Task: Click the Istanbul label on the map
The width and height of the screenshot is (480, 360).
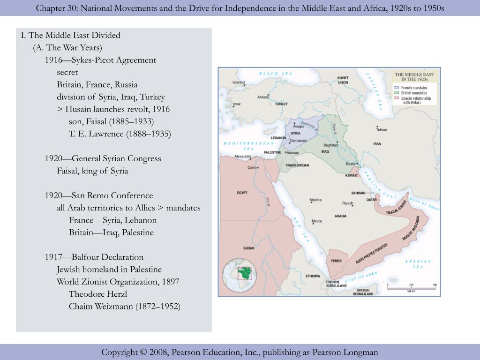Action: point(239,82)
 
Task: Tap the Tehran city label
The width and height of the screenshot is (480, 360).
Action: point(381,129)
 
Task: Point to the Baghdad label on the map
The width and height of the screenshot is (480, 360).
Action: point(330,145)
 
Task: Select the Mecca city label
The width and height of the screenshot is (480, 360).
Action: point(317,221)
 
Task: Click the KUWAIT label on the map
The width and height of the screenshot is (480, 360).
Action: point(352,175)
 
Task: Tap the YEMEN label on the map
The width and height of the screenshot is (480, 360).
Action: point(336,261)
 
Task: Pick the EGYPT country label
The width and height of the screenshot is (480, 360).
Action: point(242,193)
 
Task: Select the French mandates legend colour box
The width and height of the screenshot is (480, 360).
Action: point(397,88)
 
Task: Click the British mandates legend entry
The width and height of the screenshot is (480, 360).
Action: point(414,93)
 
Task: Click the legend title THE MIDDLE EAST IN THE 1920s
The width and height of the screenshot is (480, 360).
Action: point(414,77)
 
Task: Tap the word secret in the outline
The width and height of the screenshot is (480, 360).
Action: point(67,72)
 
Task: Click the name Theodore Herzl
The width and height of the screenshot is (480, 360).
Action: point(98,294)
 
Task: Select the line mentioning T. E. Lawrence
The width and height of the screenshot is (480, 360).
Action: point(120,134)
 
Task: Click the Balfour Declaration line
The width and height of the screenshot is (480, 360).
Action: point(94,257)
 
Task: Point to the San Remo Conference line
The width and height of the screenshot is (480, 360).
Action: point(99,195)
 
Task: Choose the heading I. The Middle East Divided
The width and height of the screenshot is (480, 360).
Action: point(71,35)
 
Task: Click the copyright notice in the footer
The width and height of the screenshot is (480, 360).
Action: point(240,352)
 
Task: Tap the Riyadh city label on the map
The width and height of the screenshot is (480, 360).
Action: point(347,203)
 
